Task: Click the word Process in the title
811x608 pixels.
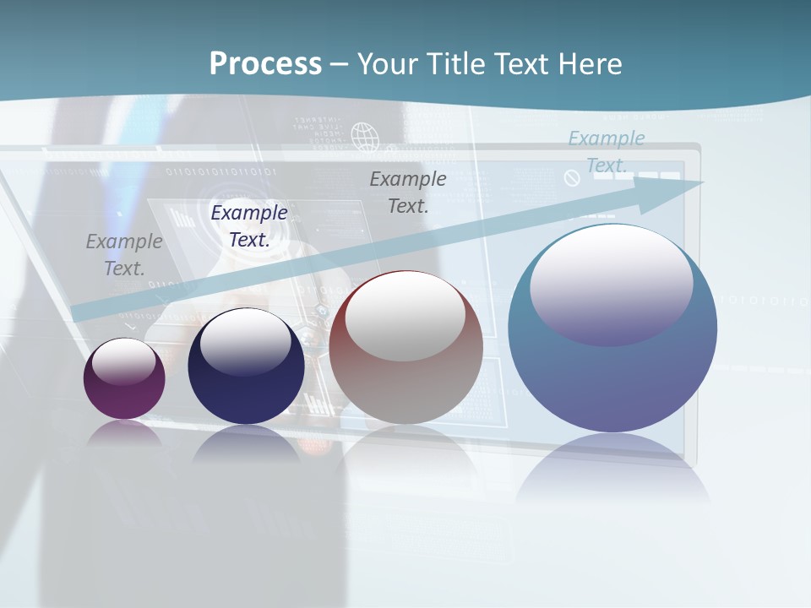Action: (x=265, y=64)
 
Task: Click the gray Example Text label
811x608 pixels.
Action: (x=124, y=255)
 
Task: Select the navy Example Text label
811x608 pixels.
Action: (x=249, y=226)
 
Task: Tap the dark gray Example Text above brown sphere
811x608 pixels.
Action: (x=408, y=192)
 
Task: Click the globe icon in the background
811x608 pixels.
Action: (x=364, y=136)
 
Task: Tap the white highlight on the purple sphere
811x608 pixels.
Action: (x=124, y=361)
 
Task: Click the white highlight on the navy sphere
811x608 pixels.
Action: (x=246, y=341)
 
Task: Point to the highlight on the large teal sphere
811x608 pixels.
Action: (x=611, y=284)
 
